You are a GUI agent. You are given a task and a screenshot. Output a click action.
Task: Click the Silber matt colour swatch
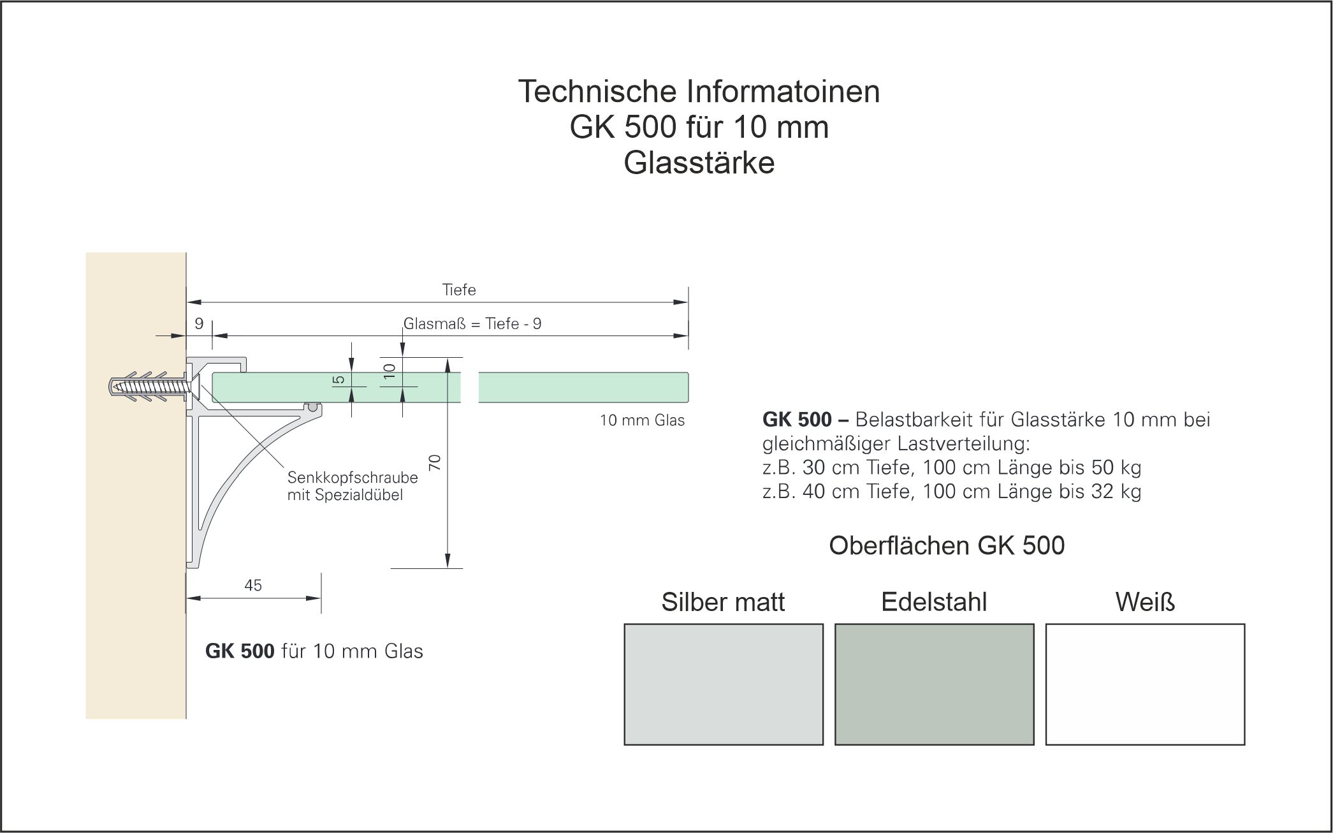click(723, 684)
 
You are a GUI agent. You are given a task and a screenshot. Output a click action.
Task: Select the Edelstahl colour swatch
click(934, 684)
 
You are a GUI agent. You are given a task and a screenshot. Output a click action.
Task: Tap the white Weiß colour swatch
click(1145, 684)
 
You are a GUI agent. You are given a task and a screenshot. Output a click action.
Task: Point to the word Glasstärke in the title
click(699, 163)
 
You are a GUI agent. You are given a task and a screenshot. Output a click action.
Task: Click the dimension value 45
click(253, 586)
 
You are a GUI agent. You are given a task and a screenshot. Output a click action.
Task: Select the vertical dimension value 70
click(435, 462)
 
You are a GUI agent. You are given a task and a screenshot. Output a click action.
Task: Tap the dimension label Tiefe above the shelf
click(459, 290)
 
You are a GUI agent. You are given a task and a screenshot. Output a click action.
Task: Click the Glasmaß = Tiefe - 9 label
click(472, 324)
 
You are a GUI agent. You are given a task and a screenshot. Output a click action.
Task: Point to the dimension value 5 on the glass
click(339, 380)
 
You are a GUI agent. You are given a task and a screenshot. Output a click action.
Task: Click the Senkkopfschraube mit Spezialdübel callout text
click(352, 486)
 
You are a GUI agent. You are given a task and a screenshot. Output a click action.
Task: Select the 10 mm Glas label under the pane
click(642, 420)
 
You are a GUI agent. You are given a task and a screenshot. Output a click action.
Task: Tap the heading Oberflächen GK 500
click(947, 546)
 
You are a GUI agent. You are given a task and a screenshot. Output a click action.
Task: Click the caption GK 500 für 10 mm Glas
click(314, 651)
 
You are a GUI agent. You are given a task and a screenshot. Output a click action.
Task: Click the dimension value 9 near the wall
click(199, 324)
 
